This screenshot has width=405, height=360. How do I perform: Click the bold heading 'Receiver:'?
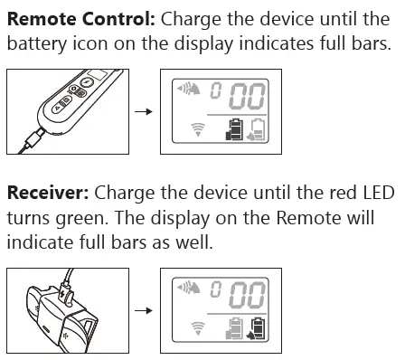46,194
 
